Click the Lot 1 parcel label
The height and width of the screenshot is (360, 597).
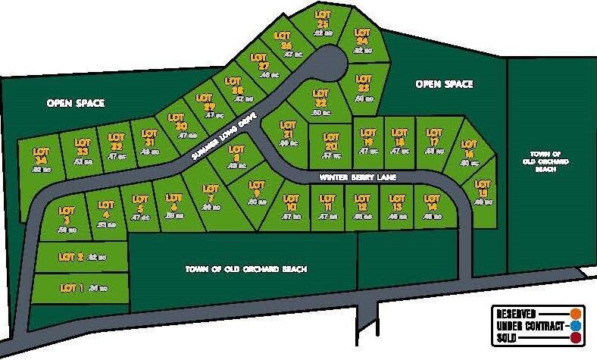tap(72, 287)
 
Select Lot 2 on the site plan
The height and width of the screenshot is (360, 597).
tap(70, 257)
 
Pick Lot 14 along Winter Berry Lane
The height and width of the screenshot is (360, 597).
tap(433, 202)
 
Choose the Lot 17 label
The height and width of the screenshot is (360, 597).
tap(434, 137)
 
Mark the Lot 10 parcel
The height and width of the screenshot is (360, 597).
tap(291, 202)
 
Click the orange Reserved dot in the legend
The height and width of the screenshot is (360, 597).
tap(577, 313)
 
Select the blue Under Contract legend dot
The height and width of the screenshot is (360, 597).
tap(577, 326)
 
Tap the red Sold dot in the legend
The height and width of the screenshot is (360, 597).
tap(577, 338)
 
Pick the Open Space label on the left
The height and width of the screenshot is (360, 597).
tap(76, 102)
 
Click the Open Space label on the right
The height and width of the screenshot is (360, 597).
tap(445, 84)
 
